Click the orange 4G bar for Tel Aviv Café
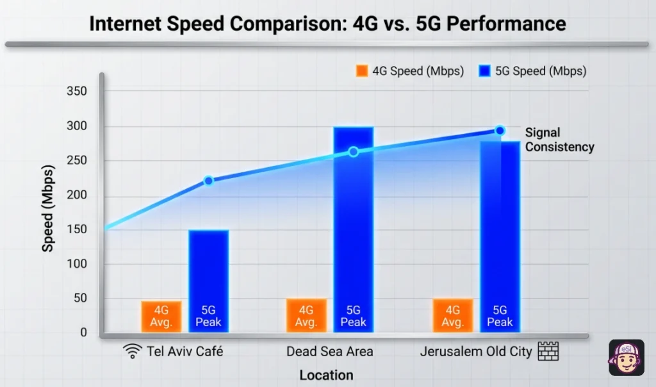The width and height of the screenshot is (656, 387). pyautogui.click(x=161, y=317)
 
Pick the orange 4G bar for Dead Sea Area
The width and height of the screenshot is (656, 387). pyautogui.click(x=306, y=315)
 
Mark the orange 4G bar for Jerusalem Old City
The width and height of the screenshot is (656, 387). pyautogui.click(x=452, y=315)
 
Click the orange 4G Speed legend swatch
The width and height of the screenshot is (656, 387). pyautogui.click(x=362, y=71)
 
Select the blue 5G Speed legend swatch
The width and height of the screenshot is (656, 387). pyautogui.click(x=484, y=71)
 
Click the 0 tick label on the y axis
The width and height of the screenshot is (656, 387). pyautogui.click(x=83, y=333)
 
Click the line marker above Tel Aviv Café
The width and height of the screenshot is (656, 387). pyautogui.click(x=208, y=181)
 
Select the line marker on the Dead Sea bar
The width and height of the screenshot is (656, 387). pyautogui.click(x=353, y=152)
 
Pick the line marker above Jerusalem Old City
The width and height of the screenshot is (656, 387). pyautogui.click(x=500, y=131)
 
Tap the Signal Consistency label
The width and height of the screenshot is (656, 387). pyautogui.click(x=559, y=140)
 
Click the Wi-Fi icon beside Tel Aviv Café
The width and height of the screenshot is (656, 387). pyautogui.click(x=133, y=351)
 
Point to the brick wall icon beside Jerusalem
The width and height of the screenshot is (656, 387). pyautogui.click(x=548, y=351)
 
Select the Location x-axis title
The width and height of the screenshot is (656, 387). pyautogui.click(x=326, y=375)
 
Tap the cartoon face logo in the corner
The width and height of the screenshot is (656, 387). pyautogui.click(x=626, y=357)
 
